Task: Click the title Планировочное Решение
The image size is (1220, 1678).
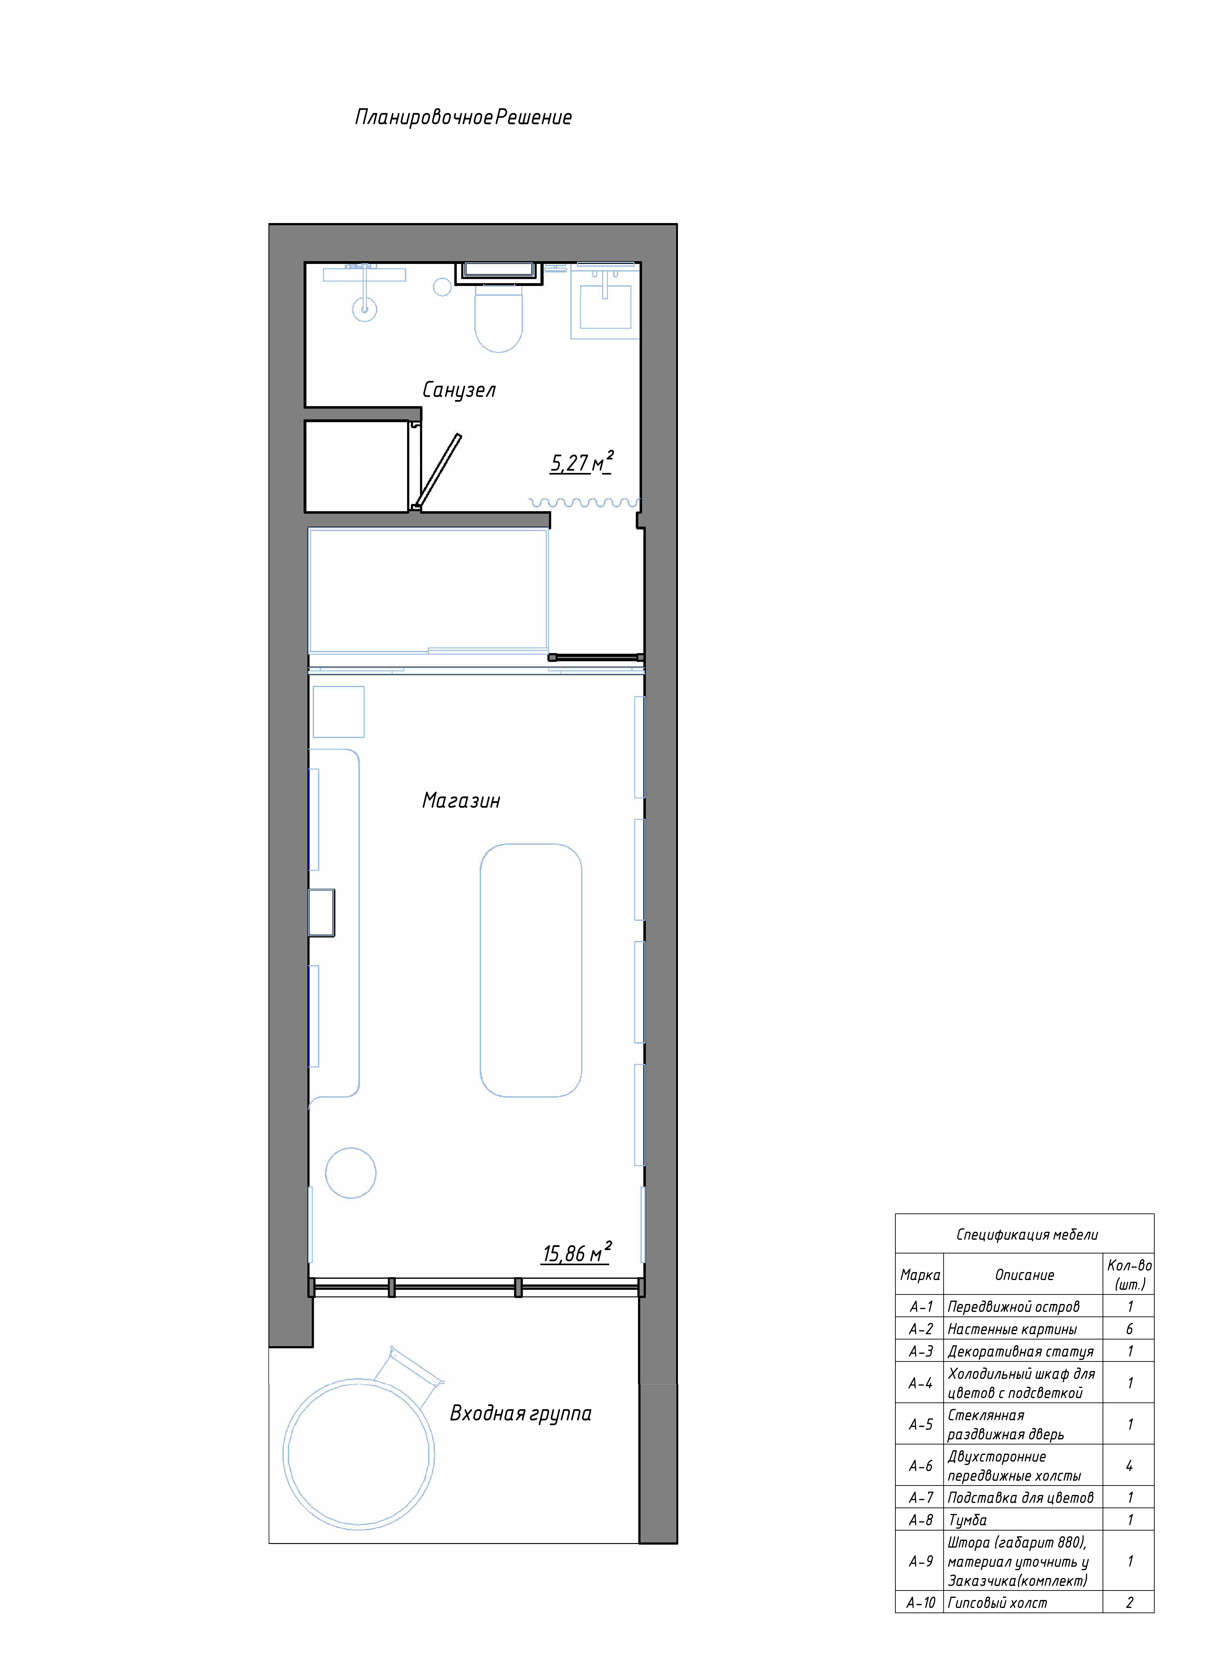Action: coord(463,117)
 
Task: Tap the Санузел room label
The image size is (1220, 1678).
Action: coord(459,390)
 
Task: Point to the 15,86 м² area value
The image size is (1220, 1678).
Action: coord(577,1253)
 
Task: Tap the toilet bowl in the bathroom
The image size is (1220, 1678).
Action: coord(499,318)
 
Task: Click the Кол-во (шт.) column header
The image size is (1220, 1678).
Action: coord(1129,1274)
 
